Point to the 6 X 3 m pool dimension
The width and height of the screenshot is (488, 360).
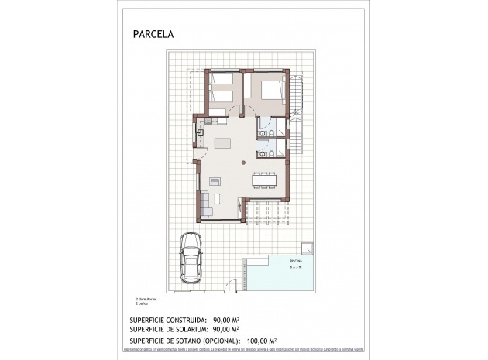pyautogui.click(x=297, y=269)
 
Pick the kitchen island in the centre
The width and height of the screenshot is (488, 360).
pyautogui.click(x=222, y=143)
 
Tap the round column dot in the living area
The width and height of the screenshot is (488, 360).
pyautogui.click(x=244, y=163)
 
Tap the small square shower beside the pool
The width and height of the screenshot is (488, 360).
pyautogui.click(x=308, y=249)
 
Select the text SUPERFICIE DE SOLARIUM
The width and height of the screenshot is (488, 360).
pyautogui.click(x=163, y=329)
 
